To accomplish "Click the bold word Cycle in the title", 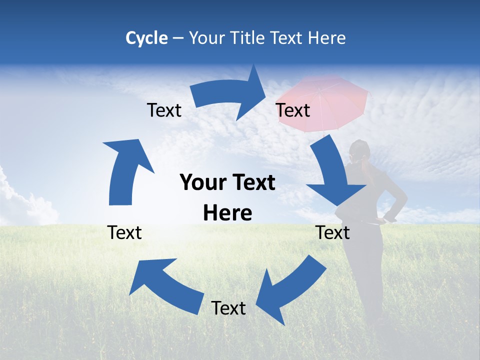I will [146, 38].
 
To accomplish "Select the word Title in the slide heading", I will [248, 38].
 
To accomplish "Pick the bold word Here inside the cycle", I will [227, 213].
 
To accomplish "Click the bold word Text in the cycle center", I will [250, 183].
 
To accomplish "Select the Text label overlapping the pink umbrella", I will [293, 110].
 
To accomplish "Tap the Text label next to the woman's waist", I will [333, 232].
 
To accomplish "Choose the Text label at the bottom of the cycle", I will [228, 308].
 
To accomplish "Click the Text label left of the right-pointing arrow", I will [164, 110].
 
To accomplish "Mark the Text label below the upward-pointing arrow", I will [124, 232].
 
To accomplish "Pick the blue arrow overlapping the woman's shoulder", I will [332, 175].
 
